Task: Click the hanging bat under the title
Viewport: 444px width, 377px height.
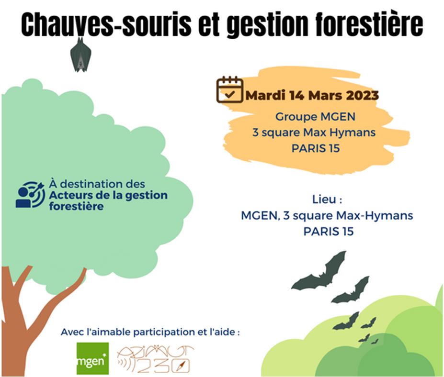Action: pyautogui.click(x=80, y=55)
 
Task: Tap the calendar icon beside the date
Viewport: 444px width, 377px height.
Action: pyautogui.click(x=229, y=89)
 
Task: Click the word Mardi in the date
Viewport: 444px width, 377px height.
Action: pyautogui.click(x=265, y=95)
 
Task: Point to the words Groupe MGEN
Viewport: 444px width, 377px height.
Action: pyautogui.click(x=315, y=117)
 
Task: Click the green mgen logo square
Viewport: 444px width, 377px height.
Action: pyautogui.click(x=92, y=358)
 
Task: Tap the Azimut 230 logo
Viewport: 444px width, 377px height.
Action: pyautogui.click(x=156, y=359)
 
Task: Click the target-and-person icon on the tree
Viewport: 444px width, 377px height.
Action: pyautogui.click(x=30, y=195)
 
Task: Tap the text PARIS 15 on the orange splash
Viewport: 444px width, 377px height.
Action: pyautogui.click(x=316, y=148)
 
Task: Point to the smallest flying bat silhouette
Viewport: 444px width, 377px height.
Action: pyautogui.click(x=375, y=342)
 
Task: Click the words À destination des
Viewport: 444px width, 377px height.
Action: pyautogui.click(x=97, y=184)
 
